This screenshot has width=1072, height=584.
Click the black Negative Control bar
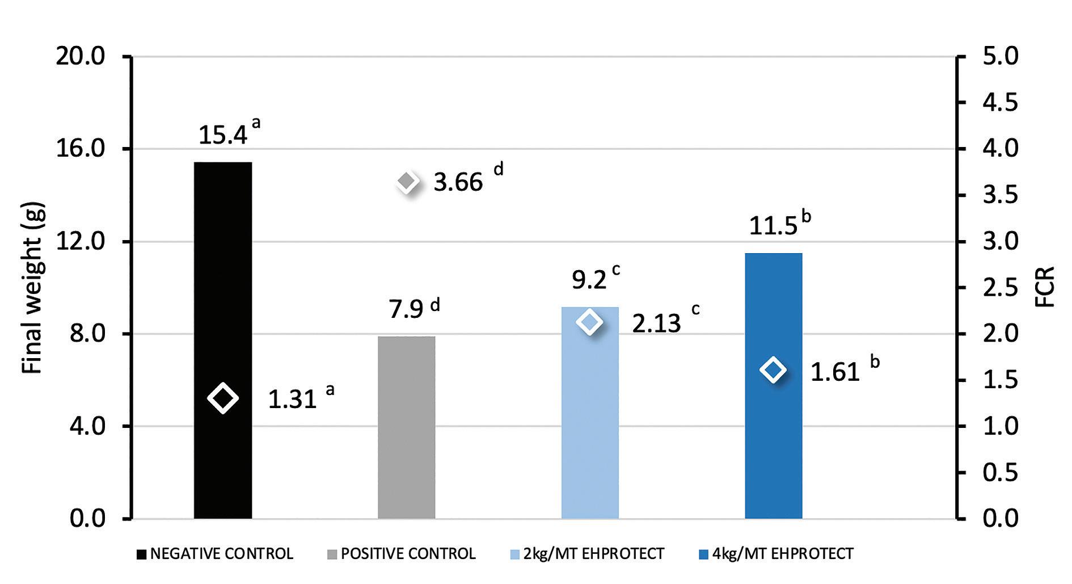223,341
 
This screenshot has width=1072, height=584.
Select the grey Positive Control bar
407,427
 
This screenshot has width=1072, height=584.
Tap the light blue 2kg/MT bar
590,413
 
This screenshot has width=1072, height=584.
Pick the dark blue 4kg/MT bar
774,386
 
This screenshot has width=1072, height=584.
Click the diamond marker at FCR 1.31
223,398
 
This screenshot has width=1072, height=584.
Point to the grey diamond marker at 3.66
407,182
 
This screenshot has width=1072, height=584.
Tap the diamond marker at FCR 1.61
773,370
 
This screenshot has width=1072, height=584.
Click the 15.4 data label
223,136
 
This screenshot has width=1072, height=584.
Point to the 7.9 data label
406,310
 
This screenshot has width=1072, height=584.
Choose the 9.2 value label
589,280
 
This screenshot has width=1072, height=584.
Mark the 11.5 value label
773,226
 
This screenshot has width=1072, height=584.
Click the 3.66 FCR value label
458,183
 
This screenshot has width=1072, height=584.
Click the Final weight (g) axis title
33,288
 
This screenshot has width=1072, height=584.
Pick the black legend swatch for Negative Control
141,554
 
